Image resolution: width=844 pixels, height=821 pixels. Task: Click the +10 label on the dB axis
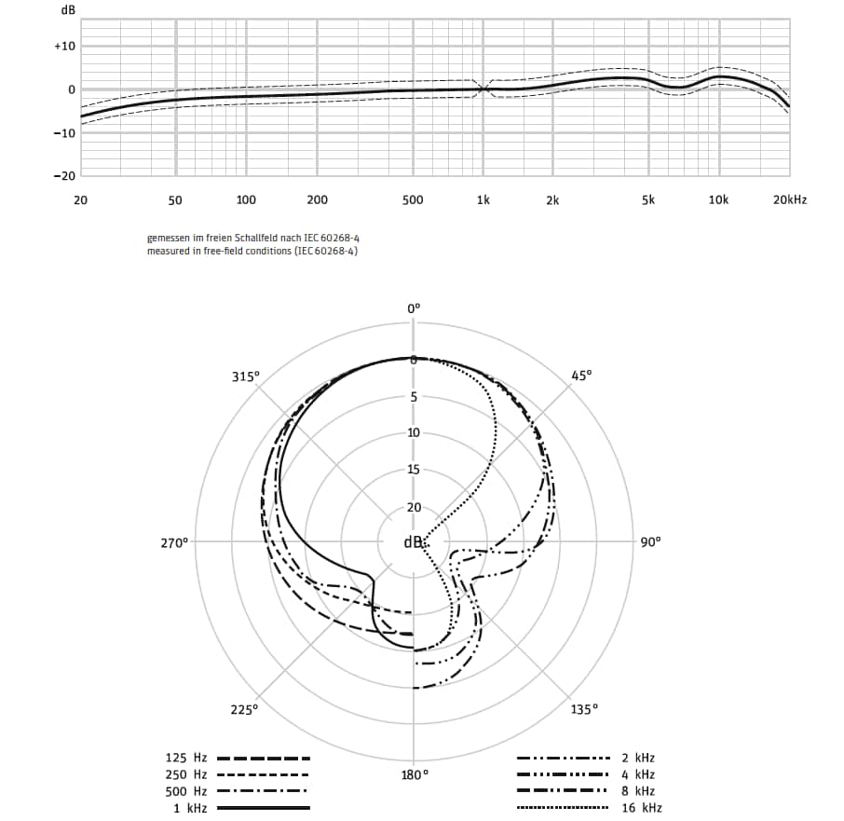(x=64, y=46)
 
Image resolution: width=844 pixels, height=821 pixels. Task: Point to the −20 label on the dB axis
(x=64, y=175)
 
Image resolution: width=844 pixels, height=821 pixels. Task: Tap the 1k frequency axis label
(x=483, y=199)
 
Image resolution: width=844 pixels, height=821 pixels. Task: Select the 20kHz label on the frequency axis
(x=790, y=199)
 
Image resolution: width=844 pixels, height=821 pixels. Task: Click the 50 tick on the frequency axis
(x=175, y=199)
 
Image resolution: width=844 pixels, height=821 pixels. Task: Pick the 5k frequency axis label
(x=647, y=199)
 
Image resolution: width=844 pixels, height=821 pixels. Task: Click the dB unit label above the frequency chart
(x=67, y=9)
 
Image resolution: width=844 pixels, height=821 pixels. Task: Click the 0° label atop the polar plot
(x=415, y=308)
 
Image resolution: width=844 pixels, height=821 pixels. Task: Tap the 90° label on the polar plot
(x=650, y=541)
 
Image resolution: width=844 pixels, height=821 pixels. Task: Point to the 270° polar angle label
(x=175, y=541)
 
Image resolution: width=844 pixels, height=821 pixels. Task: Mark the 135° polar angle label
(x=584, y=709)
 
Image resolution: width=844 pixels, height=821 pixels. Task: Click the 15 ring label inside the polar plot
(x=414, y=470)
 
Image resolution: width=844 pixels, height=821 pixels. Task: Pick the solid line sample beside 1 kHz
(x=263, y=808)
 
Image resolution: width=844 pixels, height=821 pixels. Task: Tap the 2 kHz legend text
(x=638, y=758)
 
